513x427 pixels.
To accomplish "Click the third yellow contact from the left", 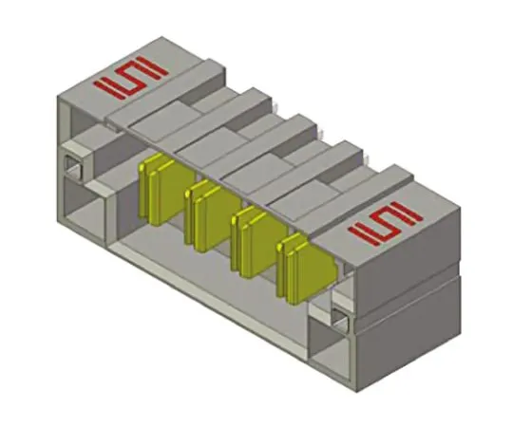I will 250,238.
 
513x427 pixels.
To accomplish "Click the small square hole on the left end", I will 71,167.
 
